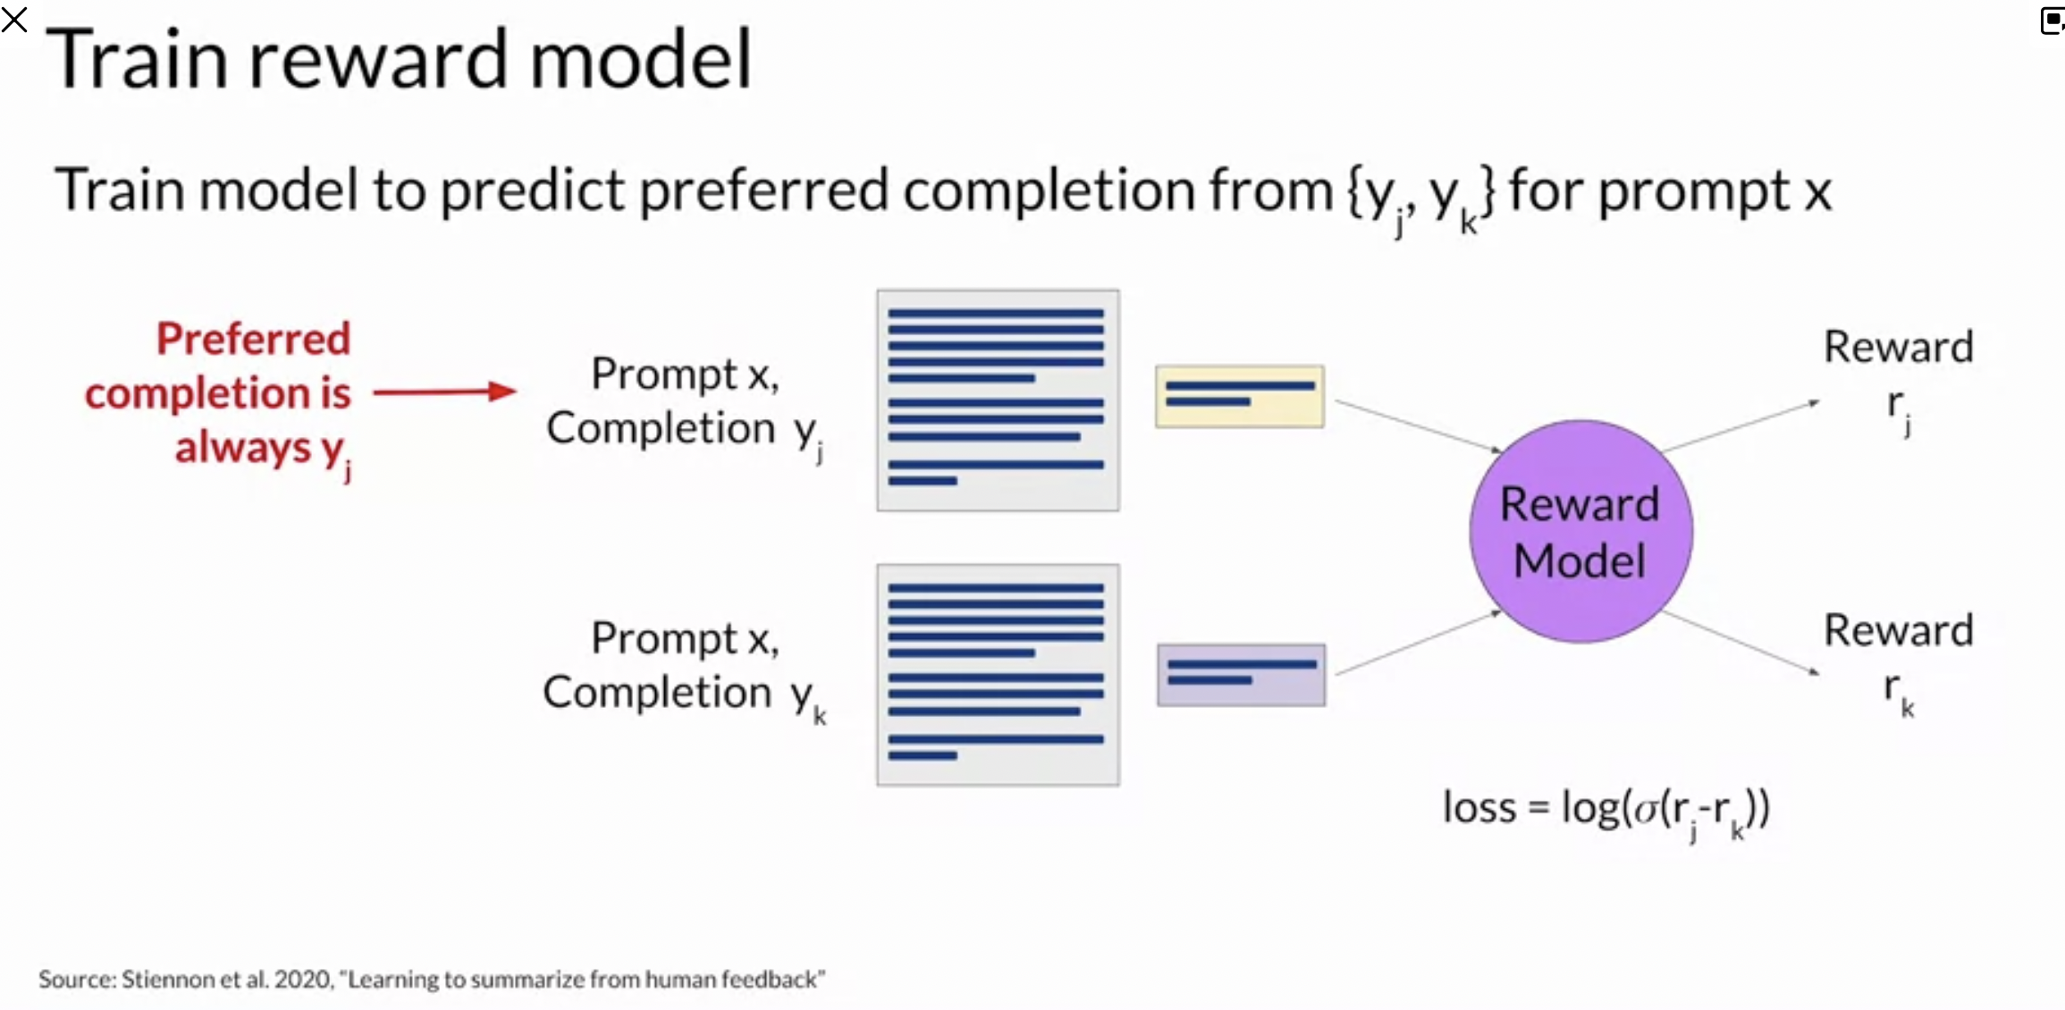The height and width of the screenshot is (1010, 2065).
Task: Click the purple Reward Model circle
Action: tap(1580, 532)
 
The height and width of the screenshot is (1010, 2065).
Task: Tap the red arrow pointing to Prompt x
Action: tap(444, 391)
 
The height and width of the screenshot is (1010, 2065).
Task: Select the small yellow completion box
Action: tap(1239, 396)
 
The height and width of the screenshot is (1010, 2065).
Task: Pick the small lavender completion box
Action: tap(1241, 675)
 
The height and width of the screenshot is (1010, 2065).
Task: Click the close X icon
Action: tap(14, 19)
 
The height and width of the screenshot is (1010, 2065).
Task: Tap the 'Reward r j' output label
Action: tap(1898, 380)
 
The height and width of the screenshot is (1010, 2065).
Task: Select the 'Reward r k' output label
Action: tap(1898, 663)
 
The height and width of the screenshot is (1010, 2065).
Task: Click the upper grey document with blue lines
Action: tap(998, 400)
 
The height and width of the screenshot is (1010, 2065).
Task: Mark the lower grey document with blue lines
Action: tap(998, 675)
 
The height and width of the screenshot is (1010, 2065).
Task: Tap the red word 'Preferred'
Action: tap(254, 340)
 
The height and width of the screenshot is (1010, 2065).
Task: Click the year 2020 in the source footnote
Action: tap(304, 980)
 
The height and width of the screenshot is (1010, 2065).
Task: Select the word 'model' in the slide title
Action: tap(641, 59)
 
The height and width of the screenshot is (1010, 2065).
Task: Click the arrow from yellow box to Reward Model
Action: tap(1418, 426)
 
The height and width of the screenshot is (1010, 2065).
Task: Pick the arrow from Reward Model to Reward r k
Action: tap(1741, 643)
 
